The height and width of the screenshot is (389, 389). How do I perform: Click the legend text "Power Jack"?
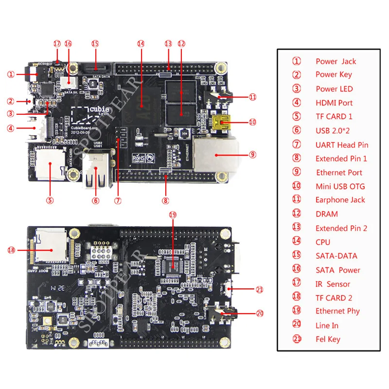point(336,61)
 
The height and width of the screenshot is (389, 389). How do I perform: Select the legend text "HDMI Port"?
point(334,103)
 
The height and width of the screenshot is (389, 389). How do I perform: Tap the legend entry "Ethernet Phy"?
point(337,311)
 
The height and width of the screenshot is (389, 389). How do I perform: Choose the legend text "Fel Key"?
point(328,339)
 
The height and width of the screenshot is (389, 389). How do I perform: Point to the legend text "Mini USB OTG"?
point(340,186)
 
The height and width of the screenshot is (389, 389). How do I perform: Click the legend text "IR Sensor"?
point(333,284)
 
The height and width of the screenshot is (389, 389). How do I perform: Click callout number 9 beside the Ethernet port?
point(252,155)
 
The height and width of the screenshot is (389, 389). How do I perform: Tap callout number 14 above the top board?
point(141,43)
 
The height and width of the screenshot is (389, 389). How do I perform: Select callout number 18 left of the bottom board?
point(12,250)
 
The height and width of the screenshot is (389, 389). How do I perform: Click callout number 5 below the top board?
point(51,199)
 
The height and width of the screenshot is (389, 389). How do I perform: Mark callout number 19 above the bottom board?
point(173,214)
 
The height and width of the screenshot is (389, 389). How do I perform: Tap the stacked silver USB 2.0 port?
point(95,170)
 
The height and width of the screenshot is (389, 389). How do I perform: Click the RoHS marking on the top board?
point(140,158)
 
